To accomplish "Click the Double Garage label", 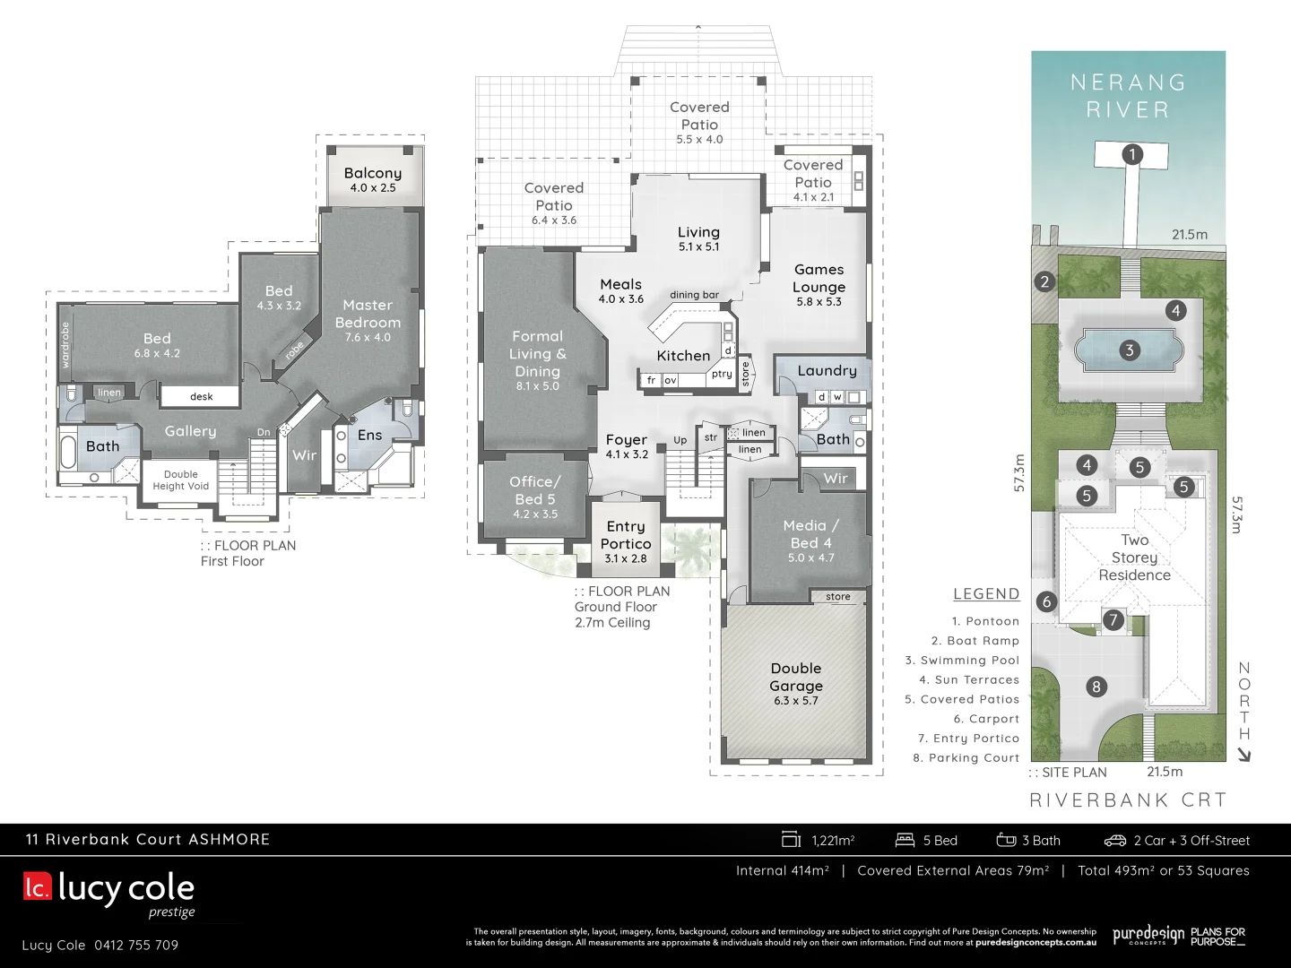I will [x=795, y=678].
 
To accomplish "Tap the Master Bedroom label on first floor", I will [x=368, y=315].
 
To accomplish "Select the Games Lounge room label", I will [x=819, y=279].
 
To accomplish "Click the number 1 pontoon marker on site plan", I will [x=1131, y=154].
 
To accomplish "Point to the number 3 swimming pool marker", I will [x=1129, y=350].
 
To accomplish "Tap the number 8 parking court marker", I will [x=1096, y=687].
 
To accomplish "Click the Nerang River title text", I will [x=1128, y=96].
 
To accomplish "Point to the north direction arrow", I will [x=1243, y=755].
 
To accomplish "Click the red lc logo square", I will [x=38, y=886].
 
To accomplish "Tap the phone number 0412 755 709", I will [x=136, y=946].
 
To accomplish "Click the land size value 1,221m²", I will [x=833, y=841].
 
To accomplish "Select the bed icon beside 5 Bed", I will [x=905, y=840].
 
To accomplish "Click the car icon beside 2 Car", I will [x=1114, y=841].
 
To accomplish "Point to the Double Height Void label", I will [x=180, y=480].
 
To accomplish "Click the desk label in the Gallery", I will [x=202, y=396].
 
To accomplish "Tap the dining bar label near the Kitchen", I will [x=694, y=295].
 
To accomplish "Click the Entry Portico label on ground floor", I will [x=626, y=535].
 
